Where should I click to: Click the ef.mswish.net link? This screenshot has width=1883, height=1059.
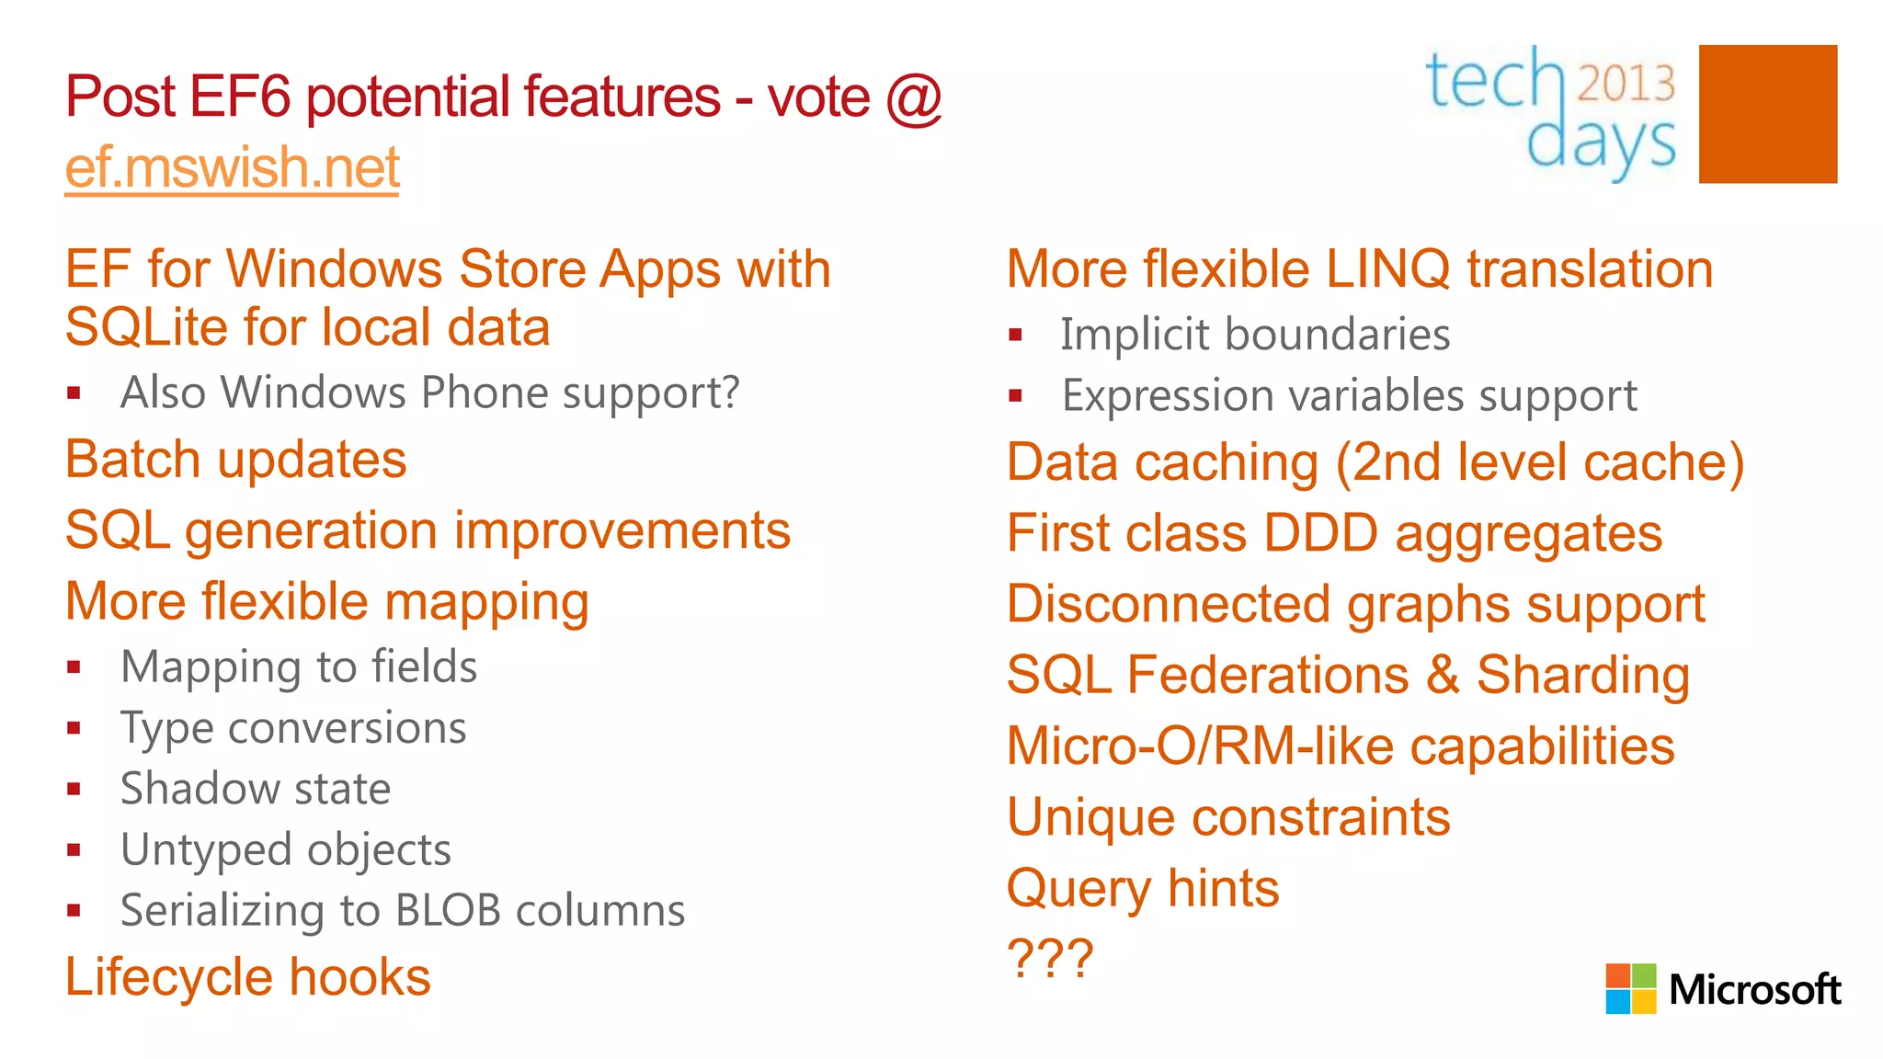coord(232,168)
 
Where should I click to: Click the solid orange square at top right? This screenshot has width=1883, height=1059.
coord(1767,114)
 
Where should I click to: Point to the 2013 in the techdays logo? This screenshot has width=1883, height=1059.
coord(1626,83)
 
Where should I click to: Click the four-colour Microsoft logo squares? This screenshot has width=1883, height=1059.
coord(1630,988)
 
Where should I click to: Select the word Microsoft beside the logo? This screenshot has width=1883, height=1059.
coord(1754,990)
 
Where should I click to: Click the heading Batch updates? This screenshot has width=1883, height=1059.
coord(235,460)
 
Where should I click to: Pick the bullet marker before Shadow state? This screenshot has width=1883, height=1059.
coord(74,789)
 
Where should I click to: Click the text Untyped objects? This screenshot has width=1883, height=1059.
coord(286,849)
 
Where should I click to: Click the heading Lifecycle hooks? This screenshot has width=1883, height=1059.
coord(247,976)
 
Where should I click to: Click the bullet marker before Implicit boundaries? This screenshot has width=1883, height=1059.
coord(1015,336)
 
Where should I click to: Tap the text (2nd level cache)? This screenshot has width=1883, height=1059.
coord(1540,462)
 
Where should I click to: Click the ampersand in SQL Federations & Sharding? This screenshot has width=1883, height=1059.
coord(1443,675)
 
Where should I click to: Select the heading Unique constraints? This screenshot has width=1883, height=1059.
coord(1228,817)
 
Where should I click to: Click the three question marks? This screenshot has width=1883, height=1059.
coord(1050,959)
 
